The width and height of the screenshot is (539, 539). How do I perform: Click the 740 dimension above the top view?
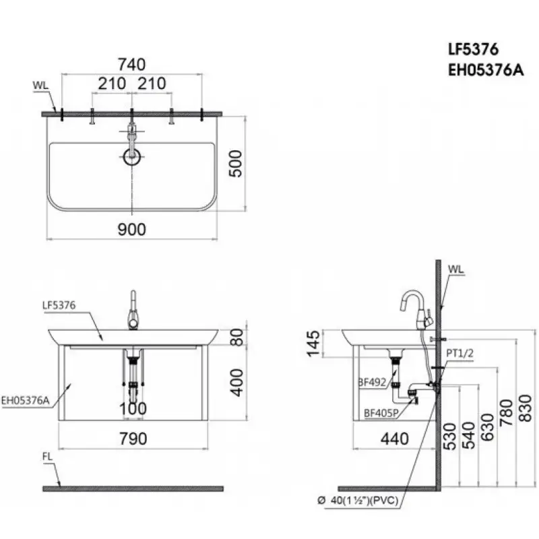[x=131, y=64]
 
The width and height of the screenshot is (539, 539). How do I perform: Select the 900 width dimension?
[x=131, y=229]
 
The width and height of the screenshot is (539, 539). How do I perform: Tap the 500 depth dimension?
[x=236, y=164]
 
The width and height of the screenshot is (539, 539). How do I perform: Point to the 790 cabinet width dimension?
[x=133, y=439]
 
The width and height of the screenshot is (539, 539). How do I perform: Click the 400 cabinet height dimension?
[x=236, y=383]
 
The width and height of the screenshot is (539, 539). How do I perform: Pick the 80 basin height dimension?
[x=237, y=338]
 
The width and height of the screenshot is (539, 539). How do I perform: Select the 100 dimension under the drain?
[x=133, y=409]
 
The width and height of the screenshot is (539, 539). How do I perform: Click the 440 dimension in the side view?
[x=395, y=439]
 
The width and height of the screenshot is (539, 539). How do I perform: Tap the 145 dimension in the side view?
[x=313, y=344]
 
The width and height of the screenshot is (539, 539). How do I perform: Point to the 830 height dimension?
[x=525, y=408]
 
